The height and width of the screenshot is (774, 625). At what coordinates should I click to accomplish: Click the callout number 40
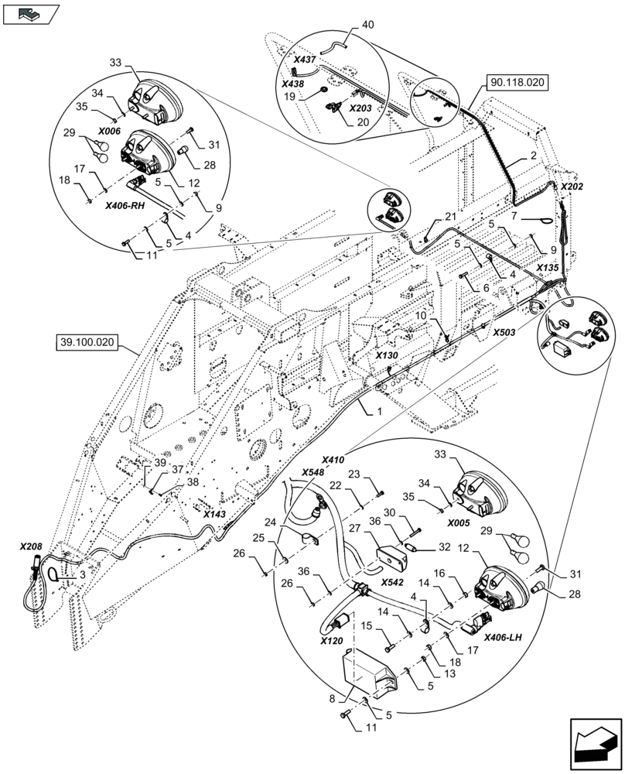pos(367,25)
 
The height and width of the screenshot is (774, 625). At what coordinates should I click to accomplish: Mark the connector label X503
pos(505,330)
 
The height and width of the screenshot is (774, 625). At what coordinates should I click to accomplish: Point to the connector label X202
pos(572,187)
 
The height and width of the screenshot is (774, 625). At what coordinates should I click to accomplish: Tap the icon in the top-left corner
pos(32,13)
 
